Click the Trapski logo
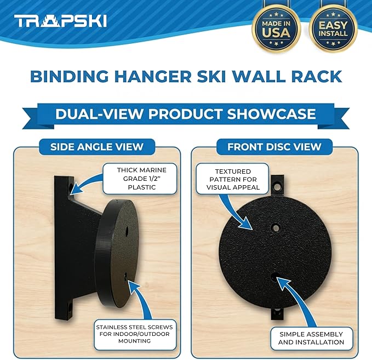pos(60,21)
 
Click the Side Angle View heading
pos(96,146)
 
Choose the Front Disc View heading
pos(274,146)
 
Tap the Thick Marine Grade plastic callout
pos(142,179)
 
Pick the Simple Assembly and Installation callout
pos(311,338)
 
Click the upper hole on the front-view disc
pos(276,226)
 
